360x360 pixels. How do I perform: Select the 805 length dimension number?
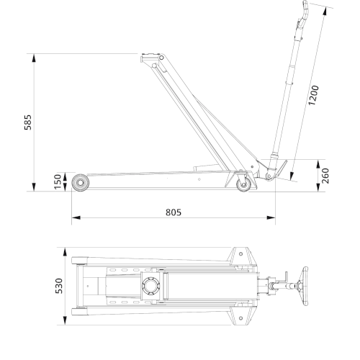[173, 212]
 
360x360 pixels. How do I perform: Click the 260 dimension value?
[325, 176]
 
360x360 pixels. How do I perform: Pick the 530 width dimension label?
[60, 285]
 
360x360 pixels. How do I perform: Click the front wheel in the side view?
[79, 182]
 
